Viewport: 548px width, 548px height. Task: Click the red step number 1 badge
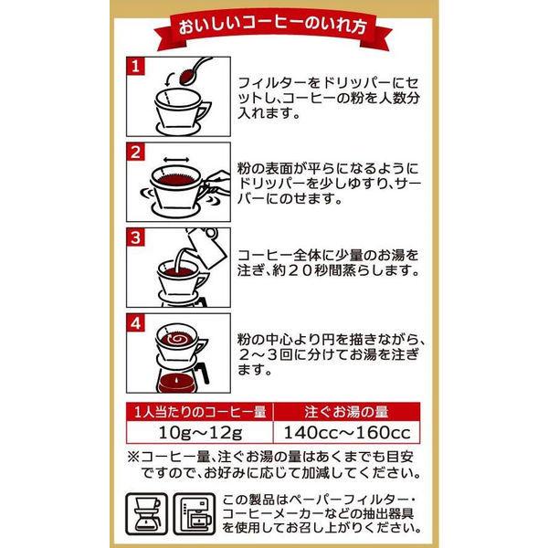pos(135,67)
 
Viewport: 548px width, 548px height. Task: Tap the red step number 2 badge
pos(135,152)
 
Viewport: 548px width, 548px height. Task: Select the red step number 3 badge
pos(135,237)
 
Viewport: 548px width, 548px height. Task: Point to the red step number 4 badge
pos(135,323)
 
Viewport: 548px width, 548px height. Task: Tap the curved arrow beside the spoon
pos(168,79)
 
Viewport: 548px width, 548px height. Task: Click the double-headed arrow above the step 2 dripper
pos(176,160)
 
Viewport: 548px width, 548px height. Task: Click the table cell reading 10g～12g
pos(200,433)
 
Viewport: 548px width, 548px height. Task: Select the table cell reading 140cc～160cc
pos(347,433)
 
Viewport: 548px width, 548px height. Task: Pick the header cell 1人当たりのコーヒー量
pos(200,412)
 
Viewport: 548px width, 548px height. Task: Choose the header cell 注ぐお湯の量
pos(347,412)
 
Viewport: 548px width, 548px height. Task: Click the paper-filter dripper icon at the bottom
pos(147,513)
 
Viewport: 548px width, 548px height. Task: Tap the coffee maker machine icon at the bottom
pos(195,513)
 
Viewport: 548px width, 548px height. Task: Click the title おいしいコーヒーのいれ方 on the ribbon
pos(272,26)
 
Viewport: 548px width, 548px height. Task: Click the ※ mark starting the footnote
pos(132,458)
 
